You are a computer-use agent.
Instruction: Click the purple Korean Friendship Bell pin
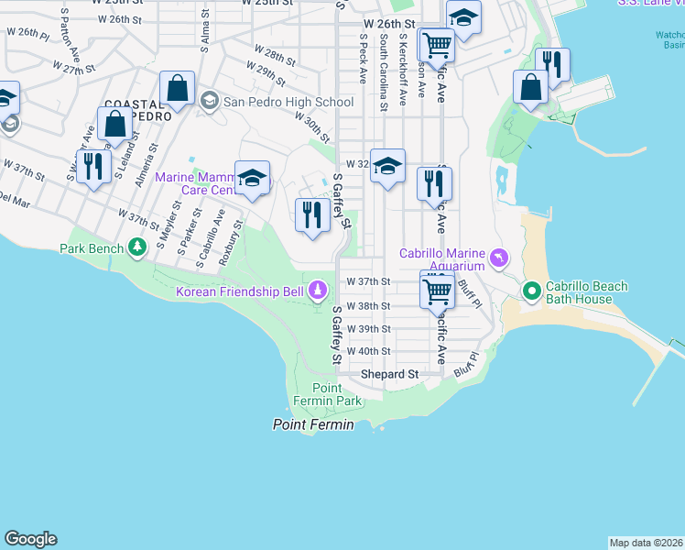318,291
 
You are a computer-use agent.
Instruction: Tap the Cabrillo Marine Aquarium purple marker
498,258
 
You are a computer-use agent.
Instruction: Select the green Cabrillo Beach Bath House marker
531,291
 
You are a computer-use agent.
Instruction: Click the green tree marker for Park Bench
136,247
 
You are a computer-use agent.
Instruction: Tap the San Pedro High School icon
210,101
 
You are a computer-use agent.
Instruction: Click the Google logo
30,539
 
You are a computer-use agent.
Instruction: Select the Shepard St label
388,374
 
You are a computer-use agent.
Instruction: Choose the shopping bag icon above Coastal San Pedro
178,89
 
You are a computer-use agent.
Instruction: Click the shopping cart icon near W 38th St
438,291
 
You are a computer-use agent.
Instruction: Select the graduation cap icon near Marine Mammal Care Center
252,179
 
